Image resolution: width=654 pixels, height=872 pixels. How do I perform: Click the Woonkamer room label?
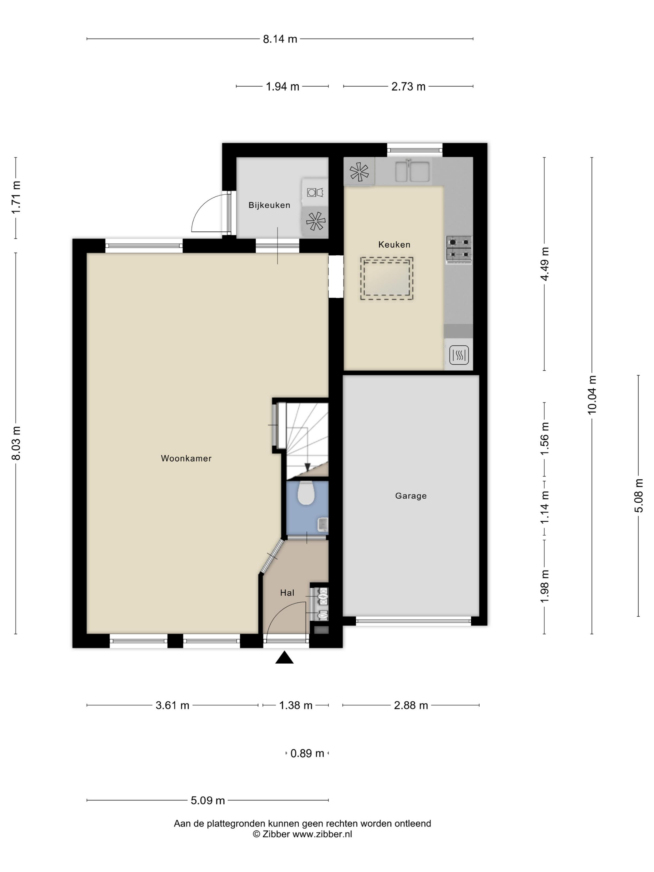click(x=186, y=458)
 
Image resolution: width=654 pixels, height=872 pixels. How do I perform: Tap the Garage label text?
click(x=411, y=495)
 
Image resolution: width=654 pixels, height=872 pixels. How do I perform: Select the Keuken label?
click(x=394, y=244)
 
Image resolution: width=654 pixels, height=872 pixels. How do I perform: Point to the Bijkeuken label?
click(x=269, y=205)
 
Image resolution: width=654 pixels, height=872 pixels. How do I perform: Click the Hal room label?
click(x=287, y=593)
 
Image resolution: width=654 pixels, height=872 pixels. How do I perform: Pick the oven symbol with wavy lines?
click(x=459, y=354)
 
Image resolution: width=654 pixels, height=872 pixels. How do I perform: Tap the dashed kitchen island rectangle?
click(x=386, y=279)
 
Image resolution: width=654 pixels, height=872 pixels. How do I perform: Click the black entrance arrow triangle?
click(x=284, y=658)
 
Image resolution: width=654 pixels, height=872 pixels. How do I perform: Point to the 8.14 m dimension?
click(x=280, y=39)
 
